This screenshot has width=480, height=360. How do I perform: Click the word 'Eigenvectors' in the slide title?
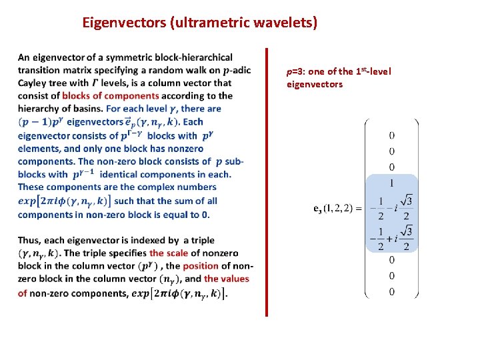tap(125, 23)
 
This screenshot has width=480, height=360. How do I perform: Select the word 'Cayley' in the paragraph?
tap(34, 83)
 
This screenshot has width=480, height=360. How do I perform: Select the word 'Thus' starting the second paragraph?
tap(31, 241)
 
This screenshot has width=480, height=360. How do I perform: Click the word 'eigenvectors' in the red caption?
tap(315, 84)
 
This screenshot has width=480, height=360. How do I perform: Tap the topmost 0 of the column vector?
tap(391, 135)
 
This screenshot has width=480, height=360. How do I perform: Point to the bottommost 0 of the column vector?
tap(391, 291)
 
